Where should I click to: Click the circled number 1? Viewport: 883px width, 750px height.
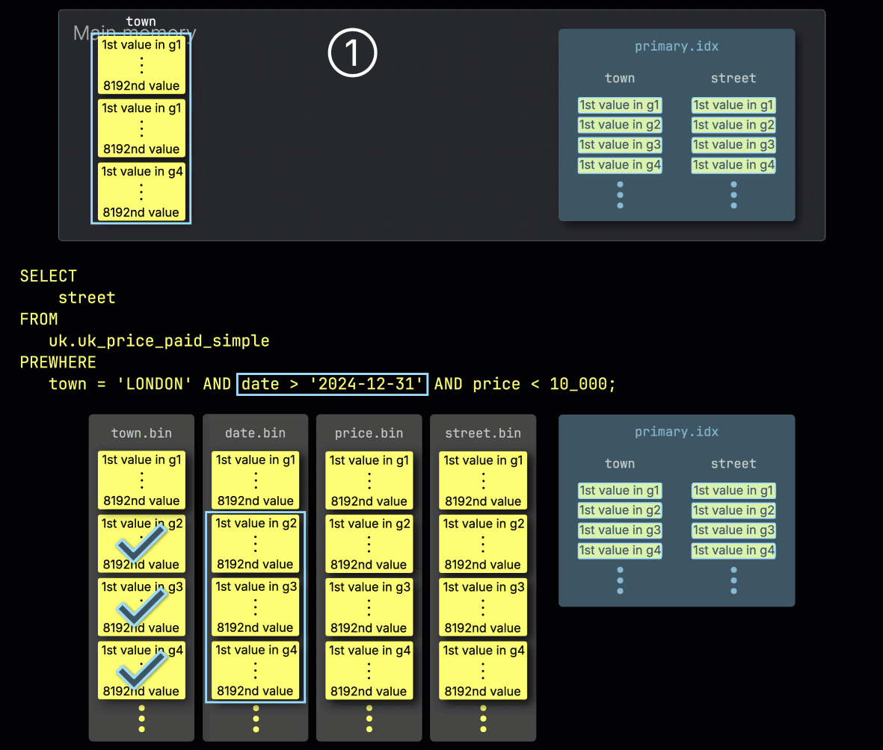(353, 54)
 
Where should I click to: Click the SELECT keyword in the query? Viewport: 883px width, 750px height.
(49, 276)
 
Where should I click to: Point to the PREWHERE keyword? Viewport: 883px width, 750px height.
(58, 362)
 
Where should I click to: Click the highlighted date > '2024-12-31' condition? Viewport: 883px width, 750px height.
(333, 384)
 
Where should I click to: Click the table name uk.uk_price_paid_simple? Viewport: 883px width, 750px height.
(159, 341)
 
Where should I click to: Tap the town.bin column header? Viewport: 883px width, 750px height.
(141, 433)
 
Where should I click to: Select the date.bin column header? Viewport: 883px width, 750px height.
(255, 433)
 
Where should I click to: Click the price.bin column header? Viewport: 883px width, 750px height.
(369, 433)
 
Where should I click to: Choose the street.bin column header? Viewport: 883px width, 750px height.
(483, 433)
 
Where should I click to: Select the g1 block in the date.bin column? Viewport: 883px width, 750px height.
(256, 480)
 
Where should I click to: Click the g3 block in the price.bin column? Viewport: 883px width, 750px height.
(369, 607)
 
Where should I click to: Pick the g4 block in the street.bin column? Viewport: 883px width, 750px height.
(483, 671)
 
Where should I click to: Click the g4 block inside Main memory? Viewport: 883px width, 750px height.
(141, 191)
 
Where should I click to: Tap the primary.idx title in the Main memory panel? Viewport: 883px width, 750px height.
(677, 46)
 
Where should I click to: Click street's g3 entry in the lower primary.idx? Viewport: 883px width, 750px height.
(733, 530)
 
